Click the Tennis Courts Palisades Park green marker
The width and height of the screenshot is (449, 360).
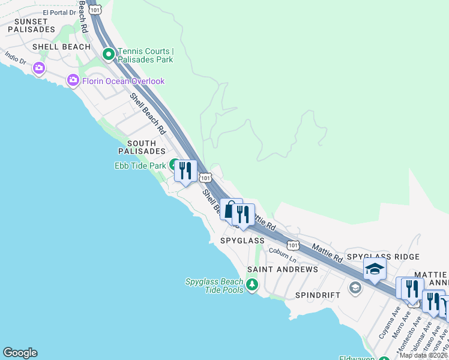pos(109,55)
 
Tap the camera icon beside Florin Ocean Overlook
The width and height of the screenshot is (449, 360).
pos(73,80)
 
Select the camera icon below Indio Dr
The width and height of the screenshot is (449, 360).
pos(39,68)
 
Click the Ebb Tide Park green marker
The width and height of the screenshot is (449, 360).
pos(174,164)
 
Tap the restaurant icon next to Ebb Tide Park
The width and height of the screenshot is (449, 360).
pos(185,170)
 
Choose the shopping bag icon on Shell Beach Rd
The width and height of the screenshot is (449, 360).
pos(230,209)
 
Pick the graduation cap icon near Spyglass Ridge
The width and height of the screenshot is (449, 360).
pos(375,269)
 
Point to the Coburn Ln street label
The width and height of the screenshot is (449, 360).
pos(283,255)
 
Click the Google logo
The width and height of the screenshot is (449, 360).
pos(20,353)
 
